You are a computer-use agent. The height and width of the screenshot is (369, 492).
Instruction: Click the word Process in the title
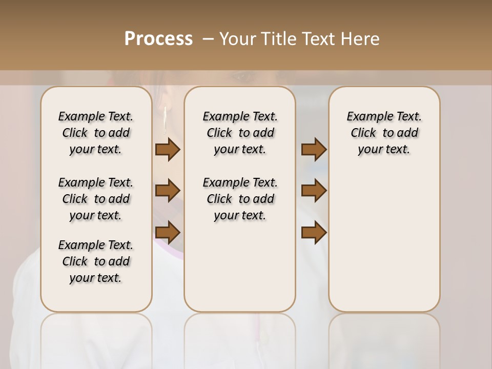pos(158,38)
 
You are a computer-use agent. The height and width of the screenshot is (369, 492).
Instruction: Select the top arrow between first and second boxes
pos(168,150)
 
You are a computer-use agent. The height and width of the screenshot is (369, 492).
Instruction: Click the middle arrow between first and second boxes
pos(168,191)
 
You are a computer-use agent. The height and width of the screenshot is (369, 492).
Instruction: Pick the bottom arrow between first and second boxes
pos(168,232)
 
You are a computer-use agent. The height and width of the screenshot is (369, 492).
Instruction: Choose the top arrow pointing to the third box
pos(314,150)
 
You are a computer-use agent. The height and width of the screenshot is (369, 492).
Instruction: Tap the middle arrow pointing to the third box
pos(314,191)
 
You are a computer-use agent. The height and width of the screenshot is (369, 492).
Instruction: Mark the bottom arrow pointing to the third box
pos(314,232)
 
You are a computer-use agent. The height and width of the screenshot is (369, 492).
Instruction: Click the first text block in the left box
pos(96,133)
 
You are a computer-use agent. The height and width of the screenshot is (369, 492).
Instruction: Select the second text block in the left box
pos(96,199)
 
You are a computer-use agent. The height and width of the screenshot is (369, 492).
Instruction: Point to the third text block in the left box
pos(96,261)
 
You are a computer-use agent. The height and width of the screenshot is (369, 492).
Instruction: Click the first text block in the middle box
pos(240,133)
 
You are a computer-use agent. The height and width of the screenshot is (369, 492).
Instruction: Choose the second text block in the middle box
pos(240,199)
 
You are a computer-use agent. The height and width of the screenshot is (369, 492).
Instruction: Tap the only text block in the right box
pos(384,133)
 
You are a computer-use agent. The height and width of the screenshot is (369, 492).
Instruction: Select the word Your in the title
pos(234,38)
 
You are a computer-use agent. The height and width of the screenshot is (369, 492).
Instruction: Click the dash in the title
pos(208,38)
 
